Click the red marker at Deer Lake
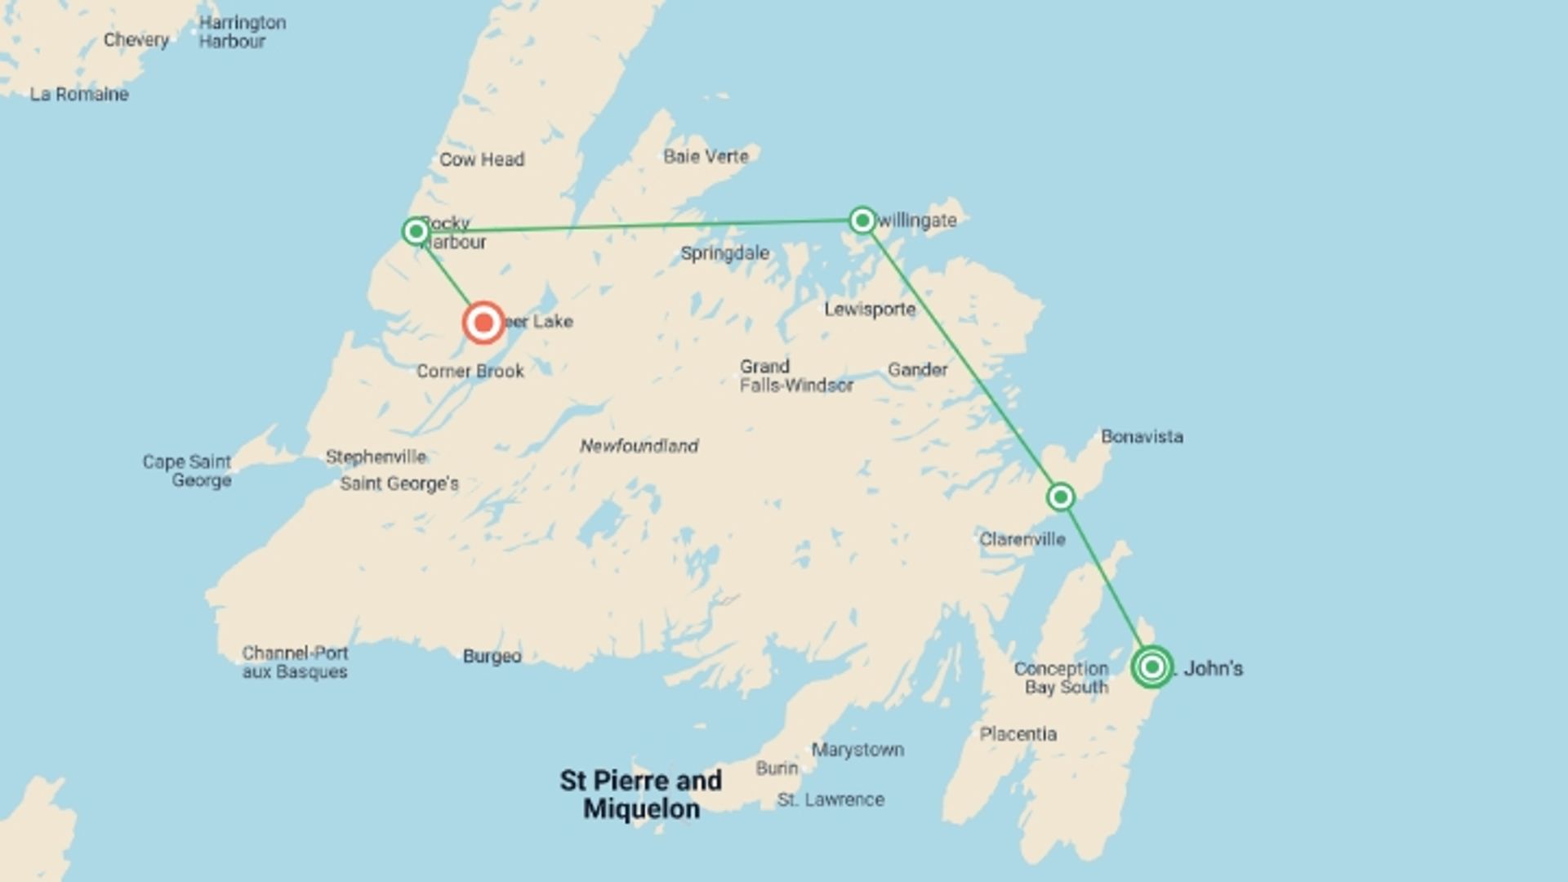click(483, 323)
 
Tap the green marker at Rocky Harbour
click(416, 231)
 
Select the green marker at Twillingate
click(862, 220)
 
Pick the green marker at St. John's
click(1152, 667)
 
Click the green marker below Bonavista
click(1060, 497)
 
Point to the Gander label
click(917, 370)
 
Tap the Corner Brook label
click(470, 372)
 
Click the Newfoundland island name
click(639, 446)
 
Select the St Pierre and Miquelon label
click(641, 795)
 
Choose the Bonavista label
click(1142, 437)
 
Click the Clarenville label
click(1022, 539)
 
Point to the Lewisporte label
click(870, 310)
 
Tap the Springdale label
click(725, 253)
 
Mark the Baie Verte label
click(706, 157)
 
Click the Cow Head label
click(482, 159)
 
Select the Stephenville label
click(376, 457)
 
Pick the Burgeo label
click(492, 657)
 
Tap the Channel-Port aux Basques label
click(295, 662)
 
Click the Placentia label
click(1018, 734)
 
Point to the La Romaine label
click(79, 95)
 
